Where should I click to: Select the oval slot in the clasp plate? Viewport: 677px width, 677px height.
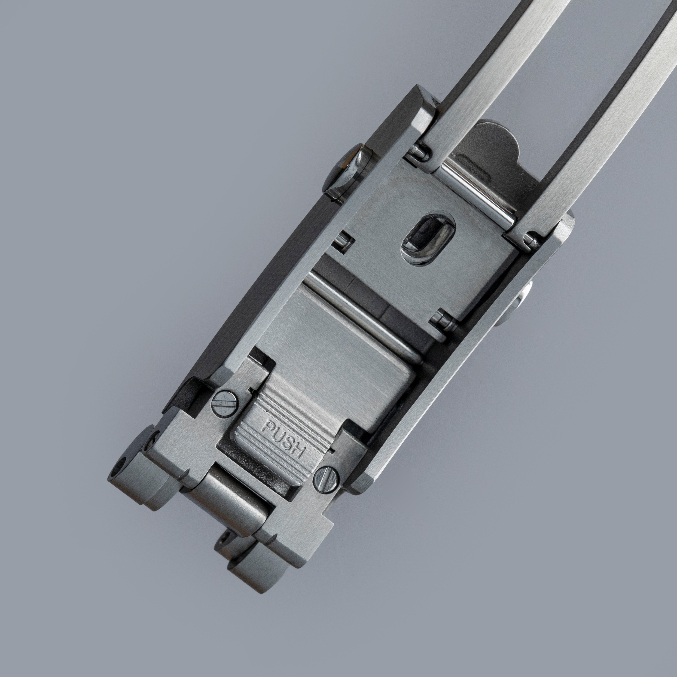pyautogui.click(x=427, y=241)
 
